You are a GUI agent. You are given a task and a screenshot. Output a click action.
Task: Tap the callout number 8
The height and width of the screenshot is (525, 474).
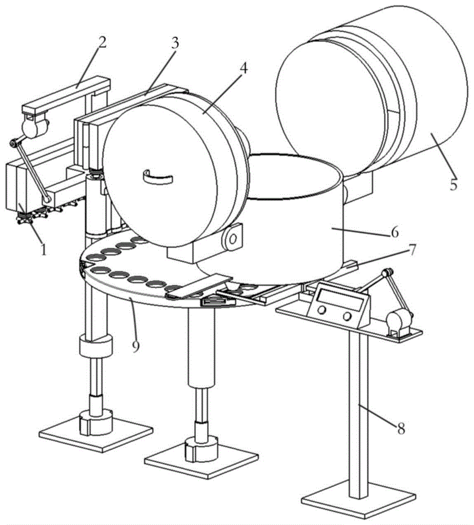(x=401, y=428)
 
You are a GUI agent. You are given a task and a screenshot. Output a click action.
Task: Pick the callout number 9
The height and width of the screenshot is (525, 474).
(x=136, y=346)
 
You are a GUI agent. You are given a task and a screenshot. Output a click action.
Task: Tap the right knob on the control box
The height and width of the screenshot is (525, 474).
(x=347, y=316)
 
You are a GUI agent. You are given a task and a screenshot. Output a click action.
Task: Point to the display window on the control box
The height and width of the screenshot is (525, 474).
(x=341, y=300)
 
